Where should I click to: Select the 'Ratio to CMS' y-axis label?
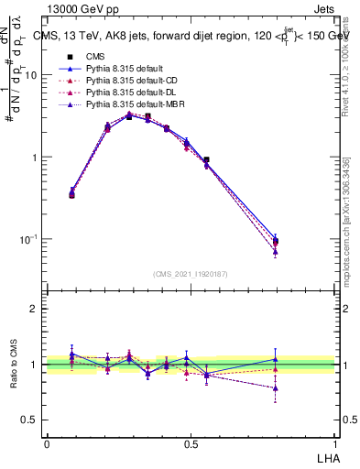[x=14, y=365]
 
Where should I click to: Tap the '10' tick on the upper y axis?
[x=31, y=75]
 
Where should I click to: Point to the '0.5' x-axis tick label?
[x=191, y=443]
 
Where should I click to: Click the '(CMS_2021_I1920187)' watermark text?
[x=191, y=273]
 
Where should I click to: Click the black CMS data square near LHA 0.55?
[x=206, y=159]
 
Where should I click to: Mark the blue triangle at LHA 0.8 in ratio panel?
[x=276, y=359]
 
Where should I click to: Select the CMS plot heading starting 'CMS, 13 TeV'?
[x=192, y=36]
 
